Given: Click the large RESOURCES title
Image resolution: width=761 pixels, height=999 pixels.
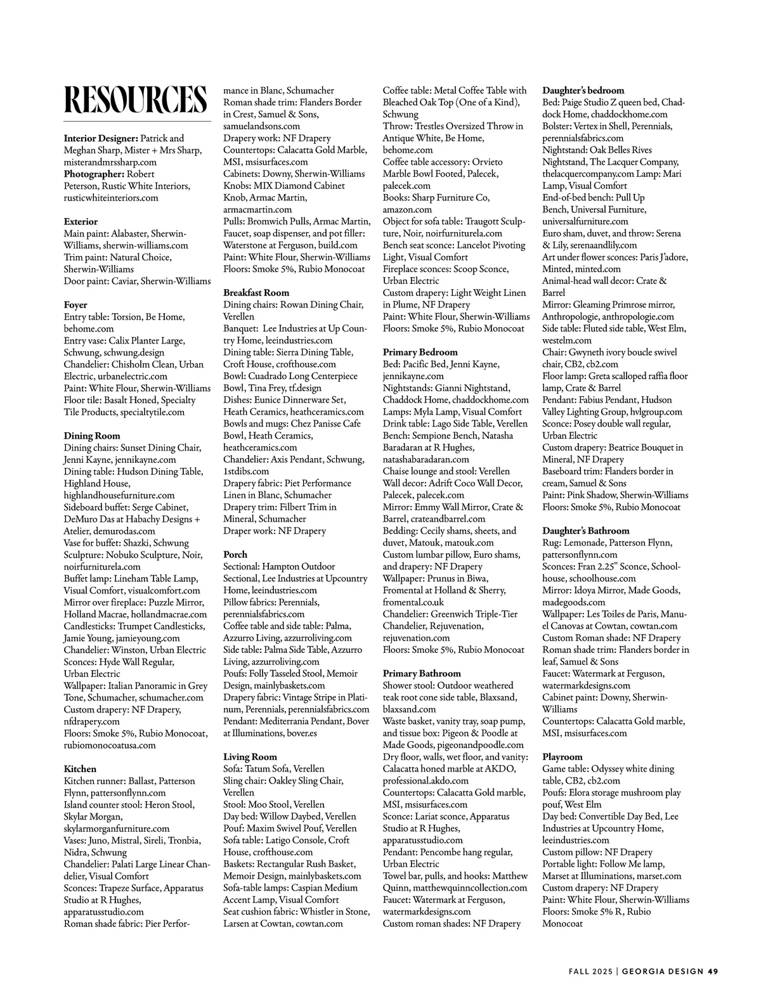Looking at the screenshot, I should click(136, 100).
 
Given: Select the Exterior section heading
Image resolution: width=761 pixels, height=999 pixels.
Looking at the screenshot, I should click(81, 222).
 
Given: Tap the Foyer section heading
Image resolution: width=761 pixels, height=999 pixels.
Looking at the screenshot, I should click(75, 305).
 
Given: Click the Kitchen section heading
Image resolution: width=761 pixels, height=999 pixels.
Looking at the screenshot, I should click(80, 769).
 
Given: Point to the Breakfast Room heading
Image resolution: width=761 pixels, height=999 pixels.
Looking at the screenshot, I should click(256, 293).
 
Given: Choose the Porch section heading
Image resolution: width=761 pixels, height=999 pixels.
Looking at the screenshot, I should click(235, 555).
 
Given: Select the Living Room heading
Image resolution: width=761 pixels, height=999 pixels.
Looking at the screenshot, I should click(250, 757).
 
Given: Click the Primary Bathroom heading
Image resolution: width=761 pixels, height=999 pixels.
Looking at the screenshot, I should click(422, 673).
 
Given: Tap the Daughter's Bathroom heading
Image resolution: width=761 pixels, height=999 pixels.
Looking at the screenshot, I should click(585, 531).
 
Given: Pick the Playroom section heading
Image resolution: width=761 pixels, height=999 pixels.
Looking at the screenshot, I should click(562, 757).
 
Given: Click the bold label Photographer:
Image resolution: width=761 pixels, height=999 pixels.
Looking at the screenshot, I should click(94, 174).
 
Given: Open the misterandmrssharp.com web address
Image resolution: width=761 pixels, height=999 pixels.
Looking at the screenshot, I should click(110, 162).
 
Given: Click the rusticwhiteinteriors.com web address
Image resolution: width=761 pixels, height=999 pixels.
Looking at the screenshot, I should click(111, 198).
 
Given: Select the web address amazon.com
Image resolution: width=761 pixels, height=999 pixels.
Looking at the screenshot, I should click(407, 210).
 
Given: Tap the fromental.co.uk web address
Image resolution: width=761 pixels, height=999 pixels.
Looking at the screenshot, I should click(413, 602).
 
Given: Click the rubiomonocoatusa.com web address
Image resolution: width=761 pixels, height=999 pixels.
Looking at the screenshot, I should click(109, 745).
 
